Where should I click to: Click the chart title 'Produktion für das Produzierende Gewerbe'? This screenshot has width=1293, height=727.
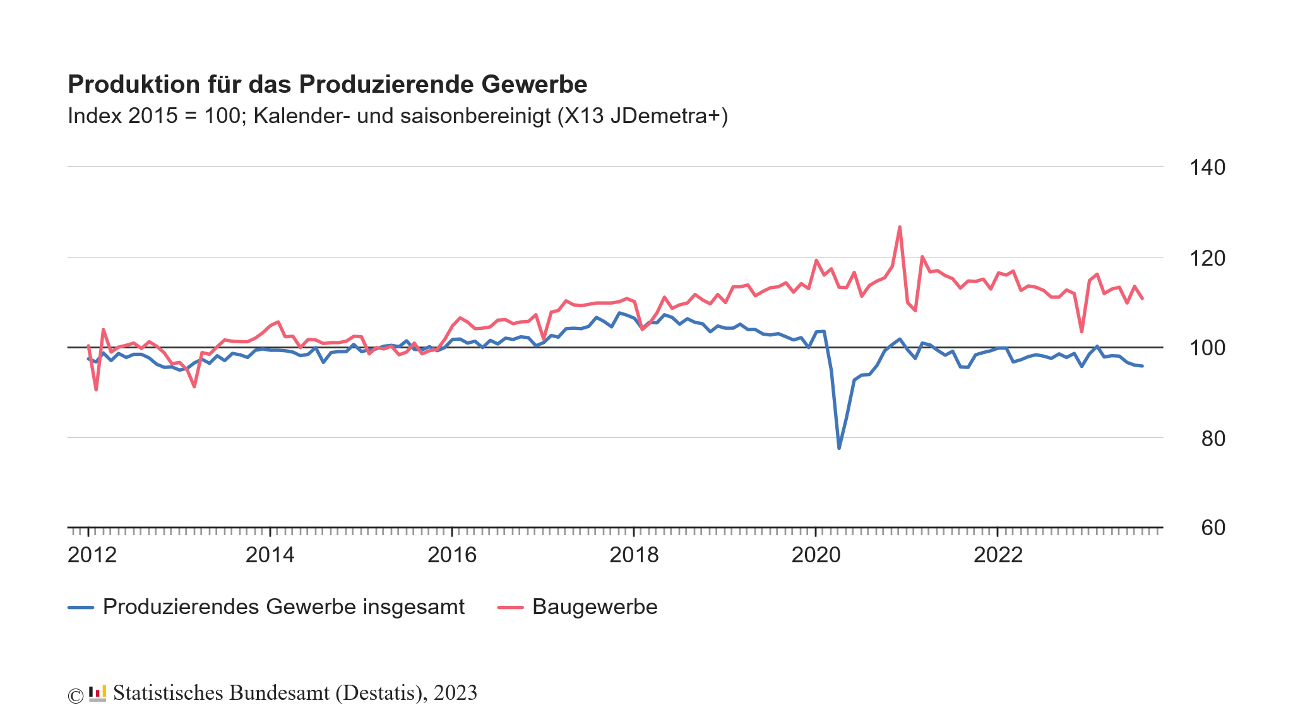pyautogui.click(x=327, y=84)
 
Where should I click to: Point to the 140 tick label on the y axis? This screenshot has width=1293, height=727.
pyautogui.click(x=1207, y=167)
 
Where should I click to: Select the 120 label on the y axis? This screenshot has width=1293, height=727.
pyautogui.click(x=1207, y=258)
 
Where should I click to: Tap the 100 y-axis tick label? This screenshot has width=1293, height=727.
pyautogui.click(x=1207, y=348)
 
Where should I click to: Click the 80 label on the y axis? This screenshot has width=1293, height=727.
pyautogui.click(x=1213, y=438)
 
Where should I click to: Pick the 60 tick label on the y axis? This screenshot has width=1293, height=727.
pyautogui.click(x=1213, y=528)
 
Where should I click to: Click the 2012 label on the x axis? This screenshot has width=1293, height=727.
pyautogui.click(x=92, y=555)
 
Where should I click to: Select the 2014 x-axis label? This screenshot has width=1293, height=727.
pyautogui.click(x=270, y=555)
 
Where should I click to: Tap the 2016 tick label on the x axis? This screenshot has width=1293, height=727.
pyautogui.click(x=452, y=555)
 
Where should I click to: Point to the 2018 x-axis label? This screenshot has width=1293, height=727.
pyautogui.click(x=634, y=555)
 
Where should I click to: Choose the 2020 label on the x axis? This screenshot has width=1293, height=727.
pyautogui.click(x=816, y=555)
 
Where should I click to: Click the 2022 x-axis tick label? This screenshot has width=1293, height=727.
pyautogui.click(x=998, y=555)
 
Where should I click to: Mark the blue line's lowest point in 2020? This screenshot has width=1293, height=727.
pyautogui.click(x=838, y=448)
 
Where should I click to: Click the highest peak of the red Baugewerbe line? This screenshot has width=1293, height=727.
pyautogui.click(x=900, y=227)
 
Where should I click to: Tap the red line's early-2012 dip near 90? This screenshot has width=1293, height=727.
pyautogui.click(x=96, y=389)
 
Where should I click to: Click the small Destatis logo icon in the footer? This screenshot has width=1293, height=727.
pyautogui.click(x=97, y=693)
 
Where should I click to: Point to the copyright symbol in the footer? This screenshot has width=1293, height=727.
pyautogui.click(x=75, y=695)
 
